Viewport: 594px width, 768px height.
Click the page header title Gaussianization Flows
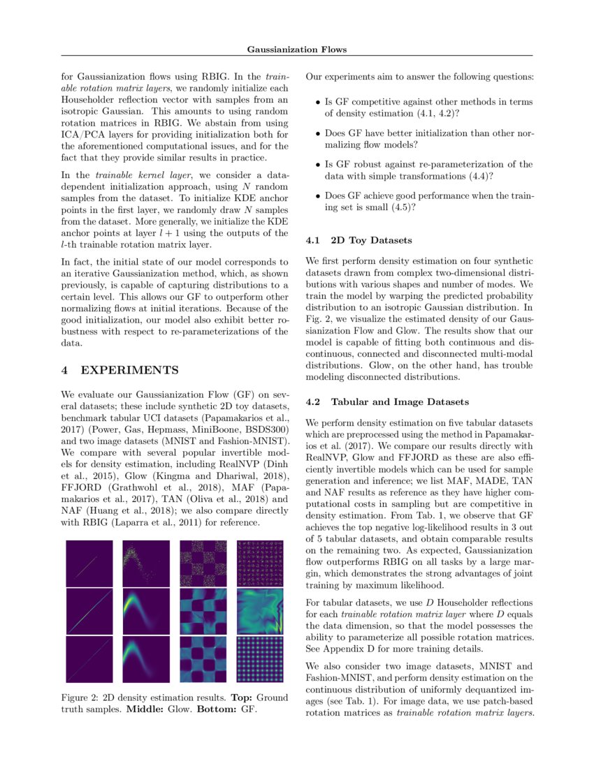[297, 49]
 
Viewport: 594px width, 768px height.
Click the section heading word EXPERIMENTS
[130, 369]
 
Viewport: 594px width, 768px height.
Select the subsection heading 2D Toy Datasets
[371, 240]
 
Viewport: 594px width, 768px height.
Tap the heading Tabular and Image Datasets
[396, 402]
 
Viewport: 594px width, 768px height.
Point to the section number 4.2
[314, 402]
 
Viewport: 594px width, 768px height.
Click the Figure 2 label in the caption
[81, 697]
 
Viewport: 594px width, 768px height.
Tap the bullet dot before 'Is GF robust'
[318, 165]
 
